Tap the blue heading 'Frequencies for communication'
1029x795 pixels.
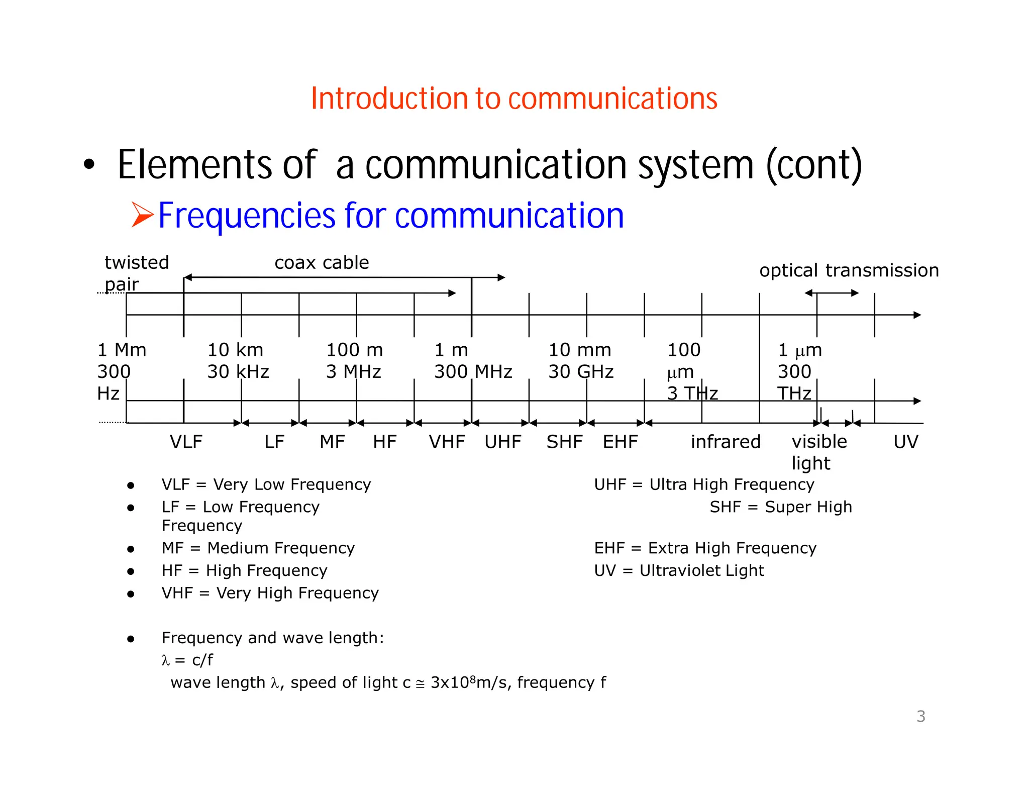click(x=391, y=216)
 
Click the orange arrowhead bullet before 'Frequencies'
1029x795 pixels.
click(x=142, y=215)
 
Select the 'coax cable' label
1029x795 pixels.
click(x=322, y=263)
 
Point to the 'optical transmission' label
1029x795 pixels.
click(x=849, y=270)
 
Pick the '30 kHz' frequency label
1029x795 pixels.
click(x=238, y=372)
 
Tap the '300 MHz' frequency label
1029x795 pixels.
click(x=473, y=372)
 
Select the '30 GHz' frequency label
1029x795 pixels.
click(x=581, y=372)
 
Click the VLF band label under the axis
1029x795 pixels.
click(x=186, y=442)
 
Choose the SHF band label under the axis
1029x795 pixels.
click(x=564, y=442)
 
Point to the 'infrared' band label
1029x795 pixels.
click(x=726, y=442)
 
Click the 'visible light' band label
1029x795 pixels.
click(x=819, y=452)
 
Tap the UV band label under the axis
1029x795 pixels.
click(x=905, y=442)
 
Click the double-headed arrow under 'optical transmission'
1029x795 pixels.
click(x=832, y=293)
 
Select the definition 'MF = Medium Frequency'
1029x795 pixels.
click(x=258, y=548)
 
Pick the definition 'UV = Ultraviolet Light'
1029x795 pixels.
click(x=679, y=570)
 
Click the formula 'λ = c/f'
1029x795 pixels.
click(x=187, y=660)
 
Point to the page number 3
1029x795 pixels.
click(x=920, y=716)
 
